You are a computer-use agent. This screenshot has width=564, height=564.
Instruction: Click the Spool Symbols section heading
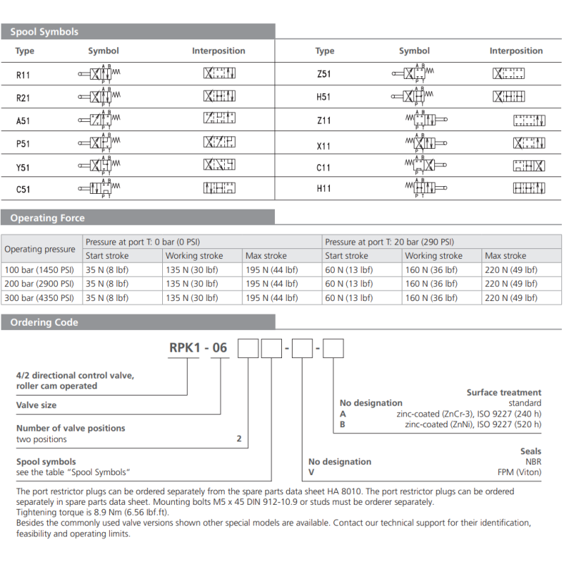point(44,32)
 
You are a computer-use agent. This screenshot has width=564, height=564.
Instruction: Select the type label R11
point(23,74)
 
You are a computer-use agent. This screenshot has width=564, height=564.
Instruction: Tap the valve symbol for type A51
point(103,119)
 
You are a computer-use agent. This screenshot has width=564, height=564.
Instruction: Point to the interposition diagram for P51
point(219,142)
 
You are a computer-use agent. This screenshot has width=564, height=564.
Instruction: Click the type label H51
point(324,97)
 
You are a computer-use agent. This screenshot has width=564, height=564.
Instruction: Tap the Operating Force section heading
point(47,218)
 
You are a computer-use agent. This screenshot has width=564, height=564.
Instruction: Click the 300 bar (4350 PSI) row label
point(39,298)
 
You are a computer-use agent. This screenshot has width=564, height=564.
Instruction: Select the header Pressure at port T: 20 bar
point(389,242)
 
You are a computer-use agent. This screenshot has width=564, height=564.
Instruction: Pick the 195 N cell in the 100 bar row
point(271,269)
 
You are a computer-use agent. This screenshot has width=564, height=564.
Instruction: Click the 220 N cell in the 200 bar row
point(510,283)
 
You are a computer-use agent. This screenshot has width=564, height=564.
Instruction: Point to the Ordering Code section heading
point(44,322)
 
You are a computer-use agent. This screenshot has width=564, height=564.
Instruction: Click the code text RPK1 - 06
point(199,348)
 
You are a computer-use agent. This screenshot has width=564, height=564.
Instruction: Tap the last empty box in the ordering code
point(333,348)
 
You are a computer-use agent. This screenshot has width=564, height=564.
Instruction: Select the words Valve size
point(37,405)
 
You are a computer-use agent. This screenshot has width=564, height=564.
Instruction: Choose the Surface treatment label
point(503,393)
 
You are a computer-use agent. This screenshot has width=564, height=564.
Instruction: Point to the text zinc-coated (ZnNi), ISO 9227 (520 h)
point(473,424)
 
